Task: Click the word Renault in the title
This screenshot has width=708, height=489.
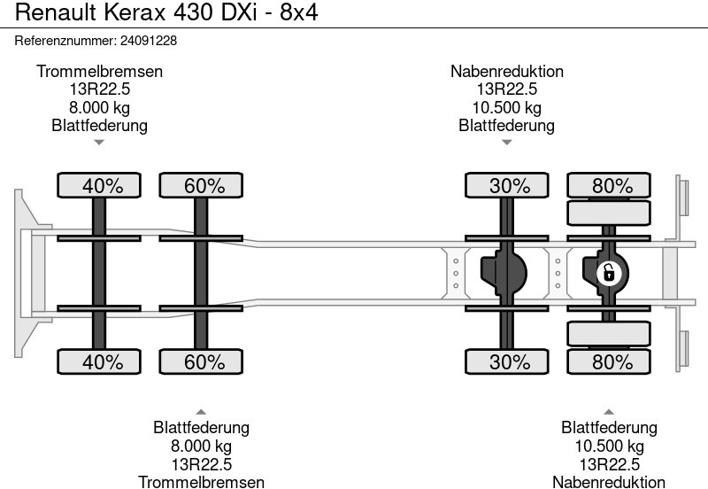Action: [x=56, y=12]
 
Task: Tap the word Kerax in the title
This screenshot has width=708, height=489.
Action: [x=135, y=12]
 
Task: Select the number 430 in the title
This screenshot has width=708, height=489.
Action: [x=193, y=12]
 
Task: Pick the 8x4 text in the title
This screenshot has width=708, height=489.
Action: [x=299, y=12]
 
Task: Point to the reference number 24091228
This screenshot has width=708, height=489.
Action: [x=149, y=41]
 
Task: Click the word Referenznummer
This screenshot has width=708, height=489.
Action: [x=65, y=41]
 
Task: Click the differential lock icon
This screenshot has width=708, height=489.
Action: [x=609, y=274]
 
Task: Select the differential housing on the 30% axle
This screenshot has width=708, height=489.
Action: [x=504, y=274]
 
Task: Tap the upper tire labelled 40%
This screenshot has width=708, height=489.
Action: [x=99, y=185]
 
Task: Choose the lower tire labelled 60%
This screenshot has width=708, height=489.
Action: [x=201, y=361]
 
